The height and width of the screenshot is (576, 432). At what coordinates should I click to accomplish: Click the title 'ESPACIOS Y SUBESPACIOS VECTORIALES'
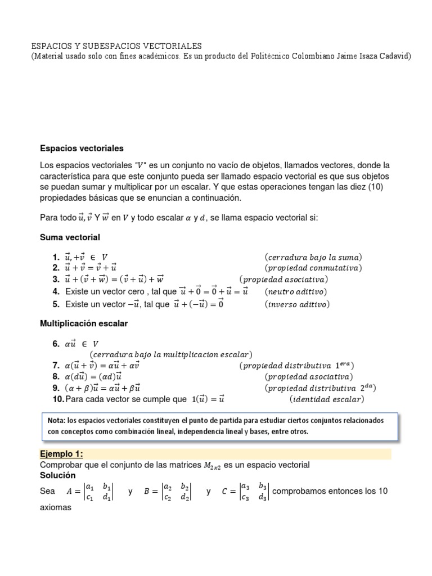point(116,46)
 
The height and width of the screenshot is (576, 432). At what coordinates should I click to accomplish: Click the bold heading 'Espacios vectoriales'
point(82,148)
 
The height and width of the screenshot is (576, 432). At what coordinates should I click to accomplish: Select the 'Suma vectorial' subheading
point(70,237)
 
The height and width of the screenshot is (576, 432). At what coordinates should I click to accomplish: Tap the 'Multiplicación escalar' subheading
point(84,323)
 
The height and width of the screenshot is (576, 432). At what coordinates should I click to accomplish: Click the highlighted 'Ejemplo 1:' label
point(61,454)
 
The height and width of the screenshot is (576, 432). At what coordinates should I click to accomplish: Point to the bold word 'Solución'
point(57,475)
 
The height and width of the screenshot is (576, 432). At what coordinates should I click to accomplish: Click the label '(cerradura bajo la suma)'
point(313,257)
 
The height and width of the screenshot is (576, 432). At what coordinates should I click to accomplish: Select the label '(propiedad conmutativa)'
point(313,268)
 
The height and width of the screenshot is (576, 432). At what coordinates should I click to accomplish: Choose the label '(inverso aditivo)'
point(297,304)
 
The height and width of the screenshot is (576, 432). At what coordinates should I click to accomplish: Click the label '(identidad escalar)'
point(326,399)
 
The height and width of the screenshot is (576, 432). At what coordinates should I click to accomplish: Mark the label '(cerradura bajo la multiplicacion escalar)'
point(170,354)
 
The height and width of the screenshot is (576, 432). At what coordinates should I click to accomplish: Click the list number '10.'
point(58,399)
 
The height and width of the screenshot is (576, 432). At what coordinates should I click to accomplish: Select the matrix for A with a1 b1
point(98,491)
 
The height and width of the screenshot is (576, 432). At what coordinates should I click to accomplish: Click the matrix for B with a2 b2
point(176,491)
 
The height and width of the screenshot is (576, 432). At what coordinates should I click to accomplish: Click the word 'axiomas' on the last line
point(55,506)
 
